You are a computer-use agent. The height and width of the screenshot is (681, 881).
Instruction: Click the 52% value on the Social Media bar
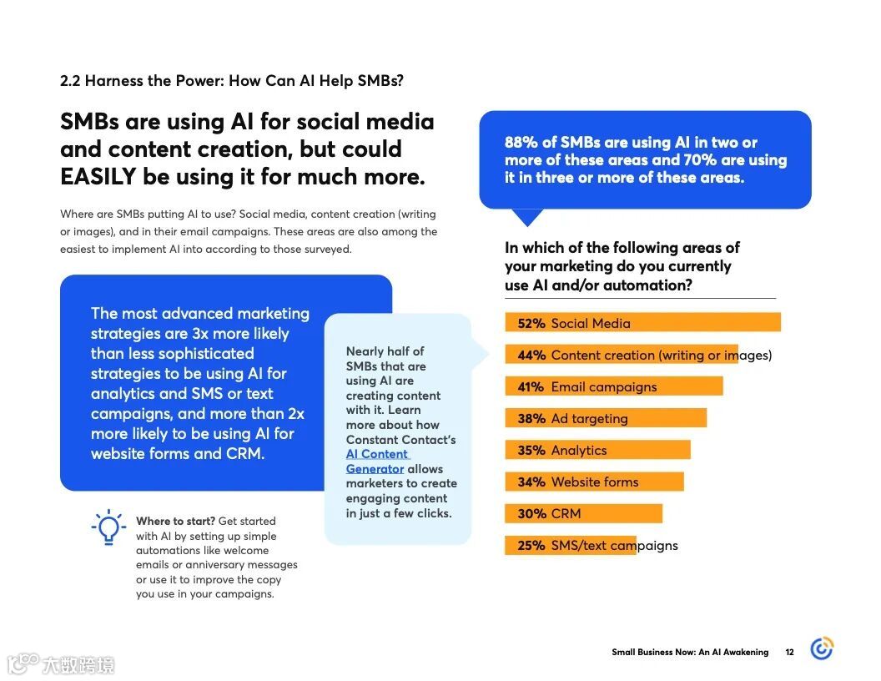(x=531, y=324)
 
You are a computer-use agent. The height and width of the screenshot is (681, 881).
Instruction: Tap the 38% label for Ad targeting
(x=531, y=419)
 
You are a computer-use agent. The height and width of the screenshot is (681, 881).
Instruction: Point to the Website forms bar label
(x=595, y=482)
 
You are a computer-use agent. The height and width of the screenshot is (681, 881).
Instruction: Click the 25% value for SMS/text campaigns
(x=531, y=546)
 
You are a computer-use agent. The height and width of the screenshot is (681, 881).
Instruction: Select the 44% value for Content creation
(x=531, y=356)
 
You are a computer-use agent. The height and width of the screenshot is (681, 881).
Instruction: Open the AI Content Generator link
(x=376, y=462)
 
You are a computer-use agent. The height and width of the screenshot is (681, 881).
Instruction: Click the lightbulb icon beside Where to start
(x=108, y=528)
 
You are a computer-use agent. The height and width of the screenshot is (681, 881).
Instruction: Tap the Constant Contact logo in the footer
(x=822, y=648)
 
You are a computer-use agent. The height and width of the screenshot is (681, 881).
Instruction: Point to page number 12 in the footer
(x=789, y=653)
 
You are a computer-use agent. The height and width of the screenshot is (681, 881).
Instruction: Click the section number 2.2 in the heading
(x=70, y=81)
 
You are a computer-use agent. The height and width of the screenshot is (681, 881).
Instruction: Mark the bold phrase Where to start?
(x=175, y=522)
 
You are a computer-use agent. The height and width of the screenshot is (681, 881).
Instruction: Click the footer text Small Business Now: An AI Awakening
(x=690, y=653)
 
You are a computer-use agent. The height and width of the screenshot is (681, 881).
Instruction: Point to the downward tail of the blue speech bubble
(x=526, y=217)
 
